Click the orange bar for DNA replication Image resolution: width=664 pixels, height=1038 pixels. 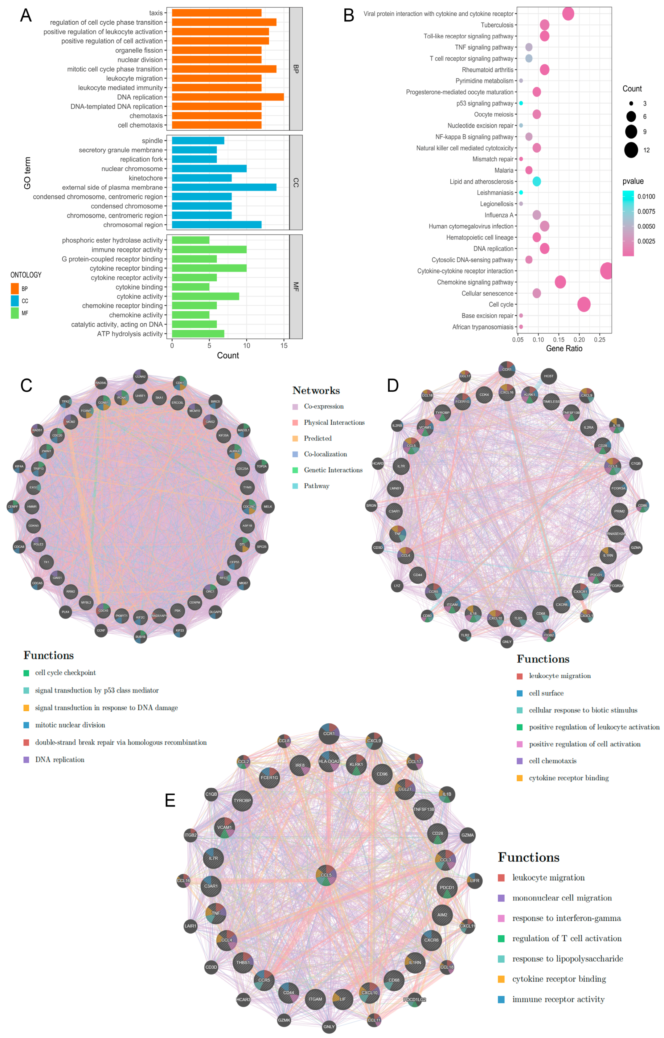(x=228, y=97)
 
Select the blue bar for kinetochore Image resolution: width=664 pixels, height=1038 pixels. (x=202, y=178)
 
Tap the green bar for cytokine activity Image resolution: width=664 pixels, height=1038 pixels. (x=205, y=296)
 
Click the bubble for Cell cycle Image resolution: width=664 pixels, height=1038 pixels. (x=584, y=304)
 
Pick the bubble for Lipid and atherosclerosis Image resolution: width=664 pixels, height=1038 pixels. (x=536, y=182)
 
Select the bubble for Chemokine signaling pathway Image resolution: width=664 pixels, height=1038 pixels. (x=560, y=282)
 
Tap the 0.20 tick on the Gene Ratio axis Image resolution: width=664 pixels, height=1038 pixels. (x=579, y=340)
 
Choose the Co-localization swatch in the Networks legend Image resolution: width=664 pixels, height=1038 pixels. (x=295, y=454)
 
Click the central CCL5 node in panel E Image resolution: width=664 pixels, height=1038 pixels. (x=326, y=875)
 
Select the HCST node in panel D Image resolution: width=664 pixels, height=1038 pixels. (x=548, y=376)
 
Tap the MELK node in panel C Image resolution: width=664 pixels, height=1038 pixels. (x=268, y=506)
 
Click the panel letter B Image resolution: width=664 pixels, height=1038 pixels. (x=349, y=15)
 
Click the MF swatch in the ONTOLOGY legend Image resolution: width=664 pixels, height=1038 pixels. (x=15, y=313)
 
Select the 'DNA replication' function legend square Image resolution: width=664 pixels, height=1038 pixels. (x=26, y=759)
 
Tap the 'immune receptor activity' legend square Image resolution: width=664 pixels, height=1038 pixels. (x=501, y=999)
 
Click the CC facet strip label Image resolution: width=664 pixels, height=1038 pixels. (x=296, y=182)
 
